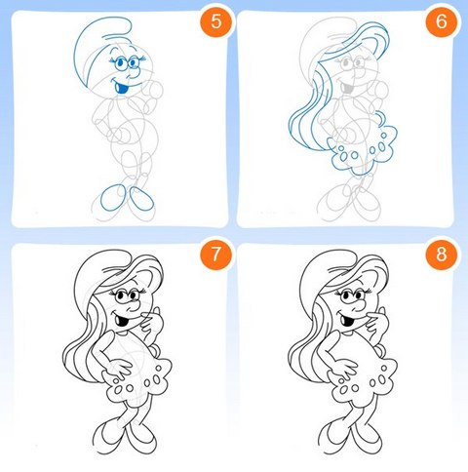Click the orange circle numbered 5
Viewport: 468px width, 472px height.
click(x=216, y=21)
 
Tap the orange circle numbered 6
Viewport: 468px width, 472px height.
click(x=442, y=21)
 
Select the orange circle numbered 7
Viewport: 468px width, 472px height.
click(x=216, y=254)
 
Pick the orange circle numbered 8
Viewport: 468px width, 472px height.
click(x=442, y=254)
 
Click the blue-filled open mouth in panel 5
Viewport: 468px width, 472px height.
click(x=122, y=88)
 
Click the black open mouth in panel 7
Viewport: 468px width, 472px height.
click(x=123, y=320)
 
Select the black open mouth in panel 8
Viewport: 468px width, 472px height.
click(x=348, y=320)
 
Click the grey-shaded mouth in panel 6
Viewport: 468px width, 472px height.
click(x=347, y=88)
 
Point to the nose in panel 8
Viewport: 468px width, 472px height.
click(x=359, y=306)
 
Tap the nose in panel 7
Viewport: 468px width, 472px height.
click(x=133, y=306)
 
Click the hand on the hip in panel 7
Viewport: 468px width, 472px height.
click(x=120, y=367)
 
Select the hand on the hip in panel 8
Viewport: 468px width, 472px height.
click(x=346, y=367)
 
